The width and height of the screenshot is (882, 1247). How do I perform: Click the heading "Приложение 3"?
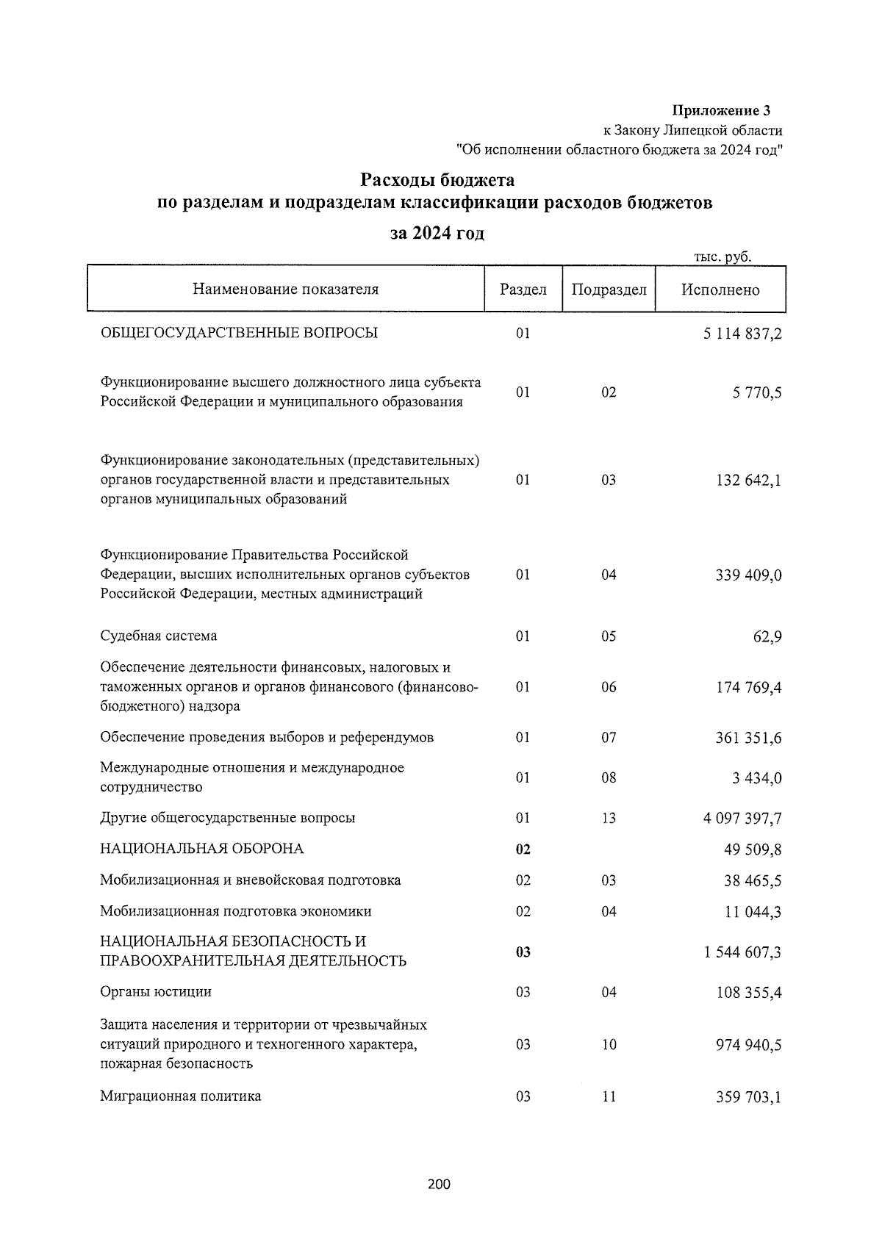(721, 111)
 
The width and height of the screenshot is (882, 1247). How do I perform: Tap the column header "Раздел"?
(523, 290)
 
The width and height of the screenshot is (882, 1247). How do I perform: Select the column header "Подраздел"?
(609, 290)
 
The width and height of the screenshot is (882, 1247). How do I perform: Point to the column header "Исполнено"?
(720, 290)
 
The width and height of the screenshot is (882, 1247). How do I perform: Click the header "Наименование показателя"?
(285, 289)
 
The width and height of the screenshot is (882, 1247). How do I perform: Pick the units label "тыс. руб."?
(723, 256)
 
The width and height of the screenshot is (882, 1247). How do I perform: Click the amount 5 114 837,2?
(742, 334)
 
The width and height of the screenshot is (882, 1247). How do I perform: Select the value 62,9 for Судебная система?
(767, 636)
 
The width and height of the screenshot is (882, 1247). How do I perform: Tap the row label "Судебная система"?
(159, 636)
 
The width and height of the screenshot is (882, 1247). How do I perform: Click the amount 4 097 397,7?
(742, 819)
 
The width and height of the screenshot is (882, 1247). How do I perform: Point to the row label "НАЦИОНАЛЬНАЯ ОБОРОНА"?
(202, 849)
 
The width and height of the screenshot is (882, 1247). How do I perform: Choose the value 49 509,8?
(753, 850)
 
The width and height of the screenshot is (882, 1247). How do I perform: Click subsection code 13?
(609, 819)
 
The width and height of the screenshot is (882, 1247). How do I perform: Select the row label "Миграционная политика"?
(181, 1096)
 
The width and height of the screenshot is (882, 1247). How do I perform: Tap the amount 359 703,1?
(748, 1098)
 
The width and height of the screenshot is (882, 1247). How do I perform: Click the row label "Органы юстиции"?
(156, 992)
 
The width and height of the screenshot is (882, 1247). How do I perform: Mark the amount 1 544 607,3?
(742, 953)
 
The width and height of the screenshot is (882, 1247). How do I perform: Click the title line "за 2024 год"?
(437, 234)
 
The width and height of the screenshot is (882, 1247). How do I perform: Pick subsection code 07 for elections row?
(609, 738)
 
